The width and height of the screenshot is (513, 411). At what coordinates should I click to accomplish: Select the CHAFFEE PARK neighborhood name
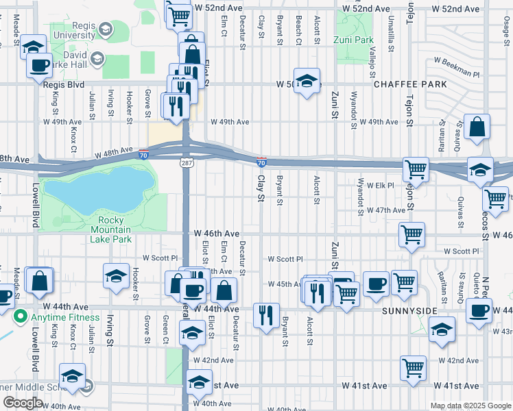(x=410, y=84)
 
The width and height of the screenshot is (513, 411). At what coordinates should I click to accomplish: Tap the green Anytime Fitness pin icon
(x=20, y=316)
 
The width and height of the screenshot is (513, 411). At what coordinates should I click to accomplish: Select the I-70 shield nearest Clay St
(x=262, y=162)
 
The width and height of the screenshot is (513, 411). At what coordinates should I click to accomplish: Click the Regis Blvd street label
(x=63, y=85)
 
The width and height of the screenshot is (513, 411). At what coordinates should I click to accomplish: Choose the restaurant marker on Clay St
(x=266, y=315)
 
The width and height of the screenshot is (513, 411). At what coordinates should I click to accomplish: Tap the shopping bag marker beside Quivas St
(x=477, y=127)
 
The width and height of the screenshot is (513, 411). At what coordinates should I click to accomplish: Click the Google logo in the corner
(x=23, y=403)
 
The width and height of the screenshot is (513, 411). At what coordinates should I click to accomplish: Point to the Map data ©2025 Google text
(x=470, y=406)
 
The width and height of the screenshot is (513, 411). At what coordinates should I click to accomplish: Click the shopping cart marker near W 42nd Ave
(x=414, y=368)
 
